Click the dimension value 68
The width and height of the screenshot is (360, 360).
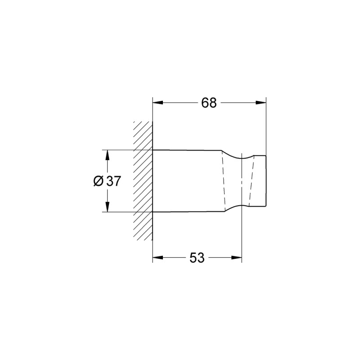(209, 103)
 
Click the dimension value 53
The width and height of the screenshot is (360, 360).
(197, 258)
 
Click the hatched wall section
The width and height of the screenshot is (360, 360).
(143, 180)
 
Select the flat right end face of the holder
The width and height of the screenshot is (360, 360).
(266, 181)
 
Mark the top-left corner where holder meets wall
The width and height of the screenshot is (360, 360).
(153, 150)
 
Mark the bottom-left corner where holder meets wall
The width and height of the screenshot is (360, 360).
(153, 211)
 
